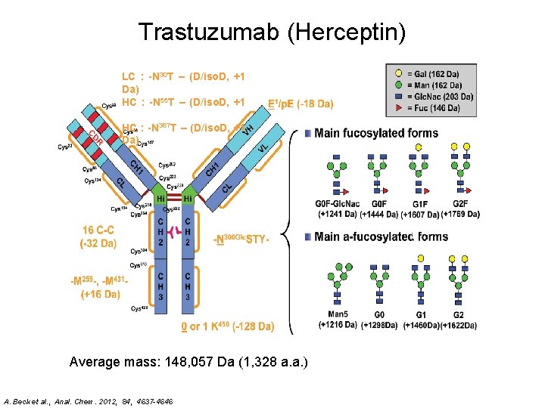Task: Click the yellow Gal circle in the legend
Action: click(398, 74)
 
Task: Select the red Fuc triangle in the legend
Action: click(398, 107)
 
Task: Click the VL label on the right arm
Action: click(263, 150)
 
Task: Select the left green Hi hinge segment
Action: click(161, 198)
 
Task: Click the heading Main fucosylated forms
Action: click(376, 134)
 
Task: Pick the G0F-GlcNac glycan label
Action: click(337, 204)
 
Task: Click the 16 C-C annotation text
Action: click(98, 230)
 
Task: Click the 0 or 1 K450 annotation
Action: click(227, 326)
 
